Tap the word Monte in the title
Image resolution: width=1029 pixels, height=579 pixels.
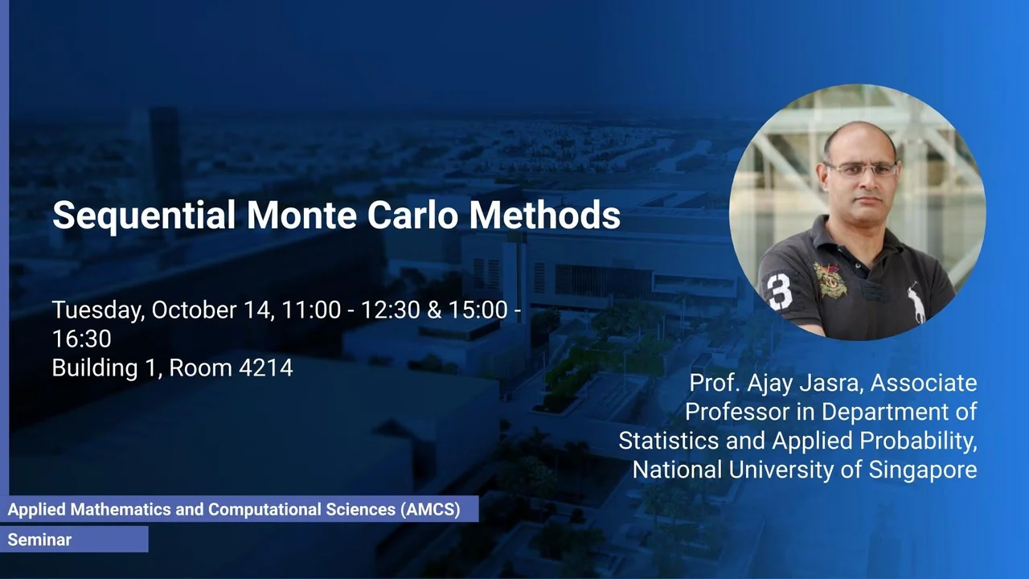tap(301, 215)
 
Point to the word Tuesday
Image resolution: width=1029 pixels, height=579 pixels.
tap(99, 310)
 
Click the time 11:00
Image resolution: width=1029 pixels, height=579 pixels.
tap(311, 310)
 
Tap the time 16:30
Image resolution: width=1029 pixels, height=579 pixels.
tap(82, 339)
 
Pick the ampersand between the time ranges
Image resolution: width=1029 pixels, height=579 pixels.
tap(434, 310)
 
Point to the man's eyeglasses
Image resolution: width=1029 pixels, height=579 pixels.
tap(862, 170)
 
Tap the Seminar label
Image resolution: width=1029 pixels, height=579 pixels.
tap(39, 540)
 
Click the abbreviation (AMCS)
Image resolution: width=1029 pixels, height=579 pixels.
tap(430, 510)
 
